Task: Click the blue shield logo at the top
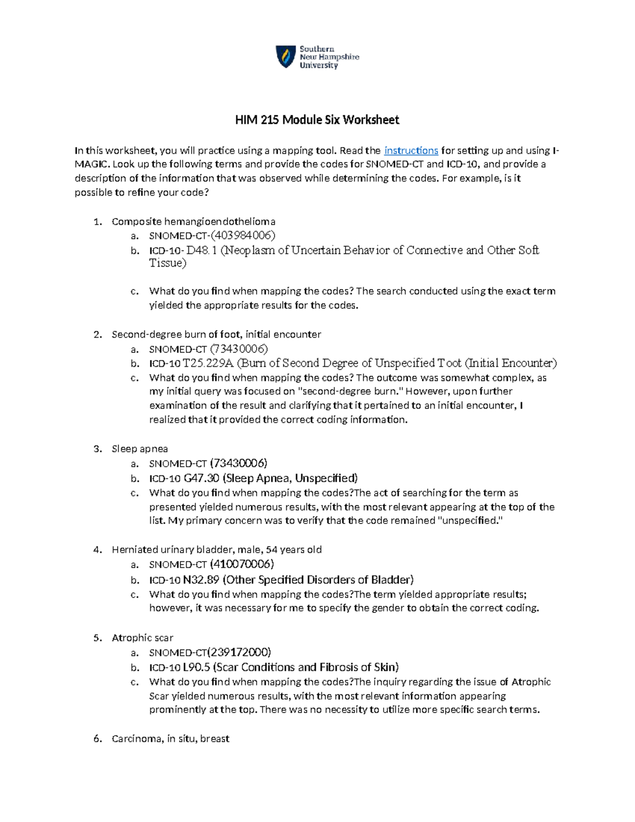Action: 286,57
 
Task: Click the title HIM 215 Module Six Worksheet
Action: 317,120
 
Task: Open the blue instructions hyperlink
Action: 411,150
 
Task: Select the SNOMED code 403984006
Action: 243,236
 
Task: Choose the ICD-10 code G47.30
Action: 202,478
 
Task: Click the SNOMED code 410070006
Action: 242,564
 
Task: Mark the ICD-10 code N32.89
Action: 201,580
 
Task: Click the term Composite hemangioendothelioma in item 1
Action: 194,221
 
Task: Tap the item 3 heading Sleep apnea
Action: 140,449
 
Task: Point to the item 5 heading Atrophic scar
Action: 142,638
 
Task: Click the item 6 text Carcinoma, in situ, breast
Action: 170,739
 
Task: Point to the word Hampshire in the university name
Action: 339,57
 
